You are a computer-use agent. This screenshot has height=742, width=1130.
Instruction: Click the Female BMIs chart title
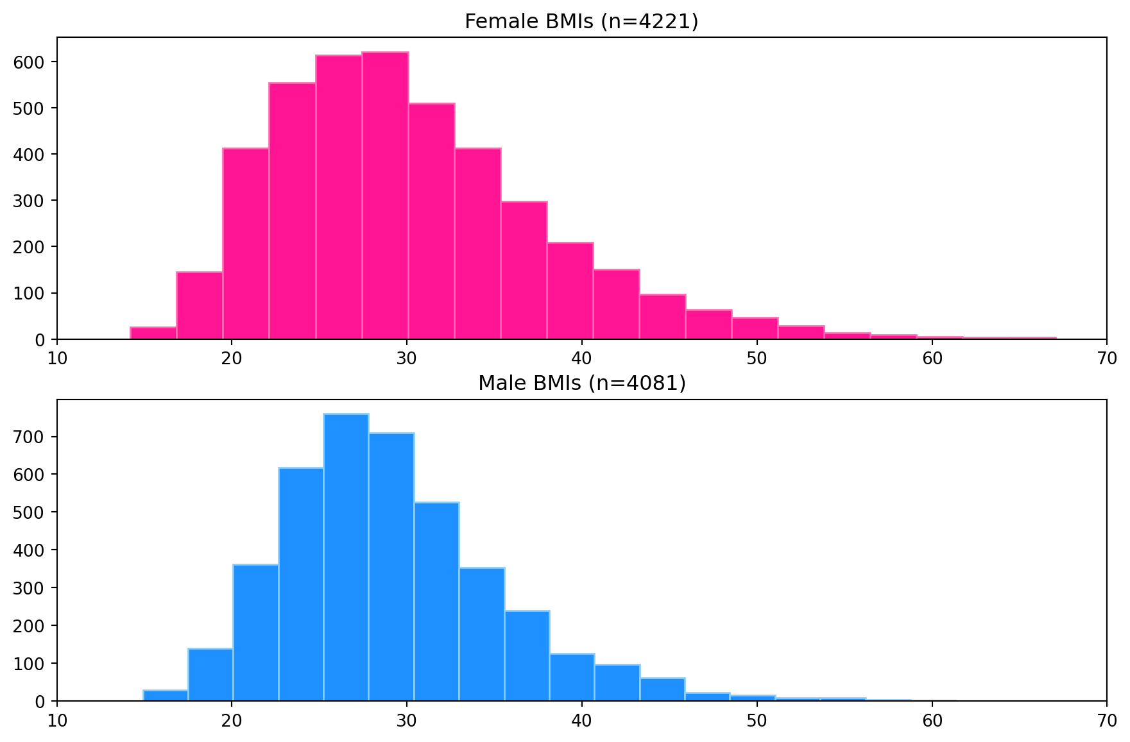581,22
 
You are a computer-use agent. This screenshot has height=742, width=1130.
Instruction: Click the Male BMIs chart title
582,384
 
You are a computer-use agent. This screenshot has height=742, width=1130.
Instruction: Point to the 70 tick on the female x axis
1106,358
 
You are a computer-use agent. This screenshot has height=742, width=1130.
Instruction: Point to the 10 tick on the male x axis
58,720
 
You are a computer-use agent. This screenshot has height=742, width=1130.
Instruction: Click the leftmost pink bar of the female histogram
153,333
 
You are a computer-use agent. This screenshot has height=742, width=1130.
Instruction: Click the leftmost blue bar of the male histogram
166,695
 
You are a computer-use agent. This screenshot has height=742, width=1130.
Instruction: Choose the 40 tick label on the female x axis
582,358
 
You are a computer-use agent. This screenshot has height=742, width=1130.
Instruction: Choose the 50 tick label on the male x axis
757,720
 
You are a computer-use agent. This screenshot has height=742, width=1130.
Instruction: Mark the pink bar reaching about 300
524,270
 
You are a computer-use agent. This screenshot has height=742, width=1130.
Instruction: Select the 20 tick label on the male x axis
232,720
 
